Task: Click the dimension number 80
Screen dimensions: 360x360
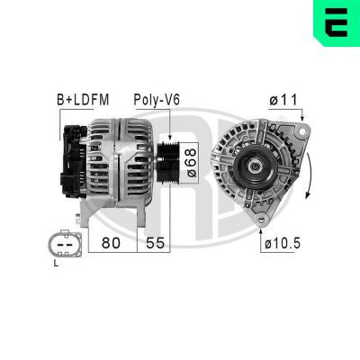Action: click(x=110, y=243)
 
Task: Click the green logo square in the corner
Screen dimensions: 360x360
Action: click(x=337, y=22)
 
